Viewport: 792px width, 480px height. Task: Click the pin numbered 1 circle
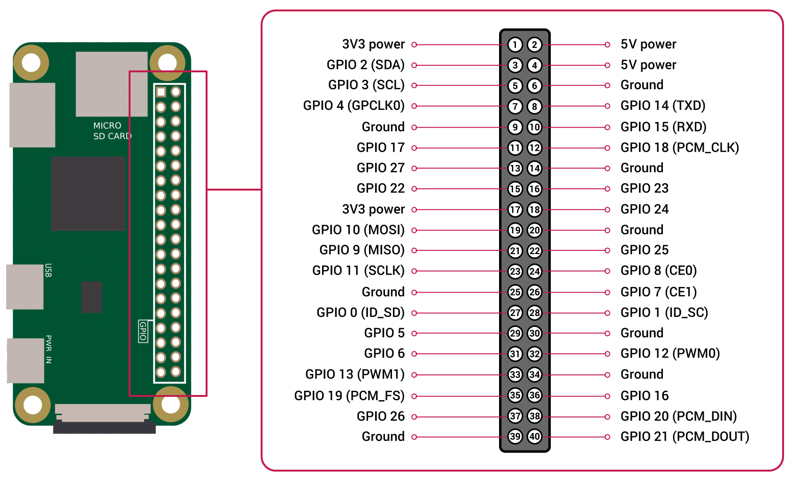click(515, 45)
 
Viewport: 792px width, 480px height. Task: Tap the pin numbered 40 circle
click(534, 436)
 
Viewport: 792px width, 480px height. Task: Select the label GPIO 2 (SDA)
click(366, 65)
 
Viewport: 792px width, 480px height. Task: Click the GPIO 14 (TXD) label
click(663, 105)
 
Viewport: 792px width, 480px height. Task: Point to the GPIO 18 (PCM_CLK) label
click(680, 147)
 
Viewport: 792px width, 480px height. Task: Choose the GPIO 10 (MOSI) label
click(358, 230)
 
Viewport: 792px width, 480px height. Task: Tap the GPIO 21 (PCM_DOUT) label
click(685, 436)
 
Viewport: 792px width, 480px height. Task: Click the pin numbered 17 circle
click(515, 210)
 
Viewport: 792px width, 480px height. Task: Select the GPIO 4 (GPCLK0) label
click(354, 105)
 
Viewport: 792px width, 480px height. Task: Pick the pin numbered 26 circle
click(534, 292)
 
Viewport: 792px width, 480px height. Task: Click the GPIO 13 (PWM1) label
click(355, 374)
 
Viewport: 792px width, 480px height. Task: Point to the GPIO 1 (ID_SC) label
click(664, 312)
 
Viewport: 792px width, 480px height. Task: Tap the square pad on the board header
click(161, 93)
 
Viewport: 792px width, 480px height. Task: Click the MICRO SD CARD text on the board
click(112, 131)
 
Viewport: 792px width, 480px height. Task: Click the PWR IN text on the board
click(48, 349)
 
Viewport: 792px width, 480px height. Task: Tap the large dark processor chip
click(88, 194)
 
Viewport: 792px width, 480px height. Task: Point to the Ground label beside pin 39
click(383, 436)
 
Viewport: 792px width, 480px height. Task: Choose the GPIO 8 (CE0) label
click(659, 271)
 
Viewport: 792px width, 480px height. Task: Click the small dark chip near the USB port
click(92, 297)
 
